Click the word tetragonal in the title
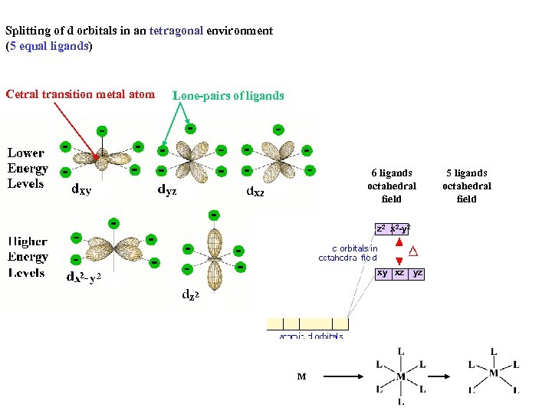(x=176, y=31)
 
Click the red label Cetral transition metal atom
(x=80, y=95)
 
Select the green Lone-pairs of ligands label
(x=228, y=96)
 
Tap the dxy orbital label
(x=80, y=189)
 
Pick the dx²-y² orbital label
(x=84, y=278)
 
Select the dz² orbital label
(x=191, y=293)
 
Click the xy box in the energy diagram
(x=382, y=273)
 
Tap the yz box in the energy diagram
(x=417, y=273)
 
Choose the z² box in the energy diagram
(x=381, y=228)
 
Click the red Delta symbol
(x=413, y=251)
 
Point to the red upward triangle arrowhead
(x=399, y=242)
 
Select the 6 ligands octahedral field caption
(x=392, y=186)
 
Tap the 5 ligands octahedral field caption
(x=467, y=186)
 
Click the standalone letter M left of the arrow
(x=301, y=376)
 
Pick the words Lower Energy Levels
(x=28, y=168)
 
